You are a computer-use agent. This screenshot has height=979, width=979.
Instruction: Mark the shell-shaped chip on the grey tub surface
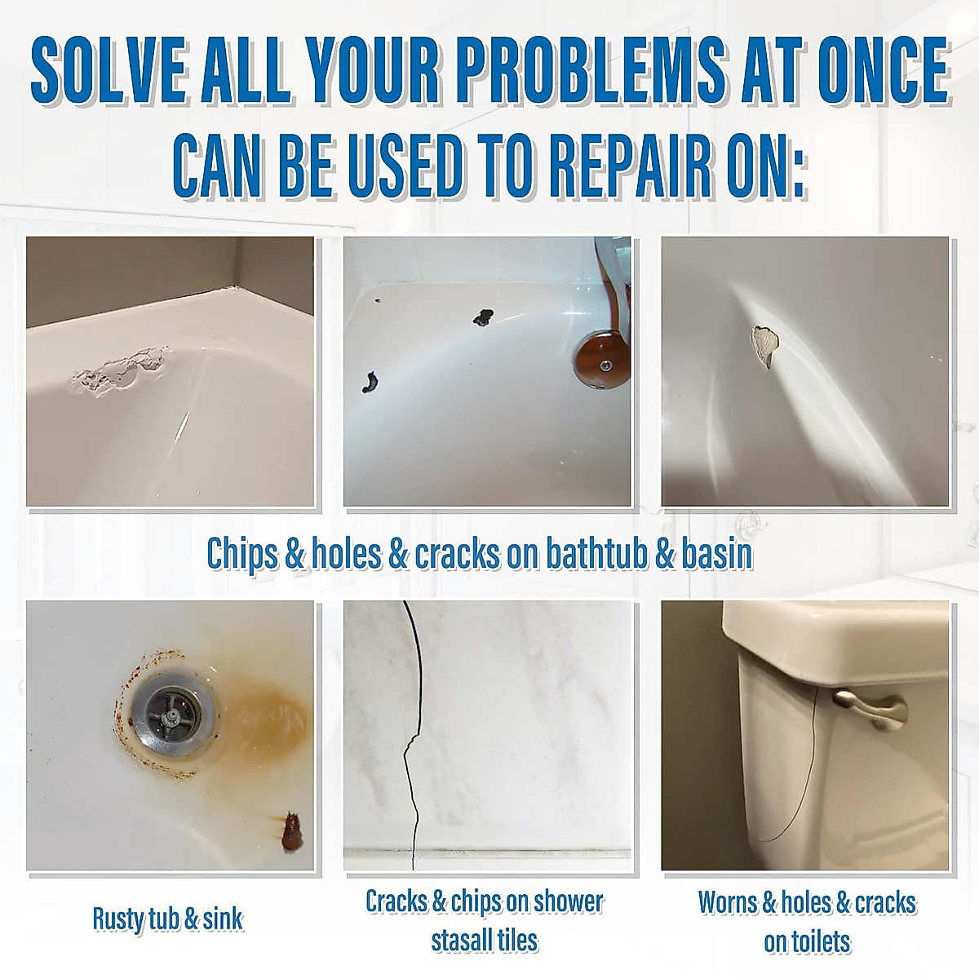click(x=765, y=345)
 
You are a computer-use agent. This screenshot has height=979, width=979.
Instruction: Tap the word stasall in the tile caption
click(x=461, y=940)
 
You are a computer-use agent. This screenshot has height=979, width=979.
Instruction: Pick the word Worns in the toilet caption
click(x=728, y=902)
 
